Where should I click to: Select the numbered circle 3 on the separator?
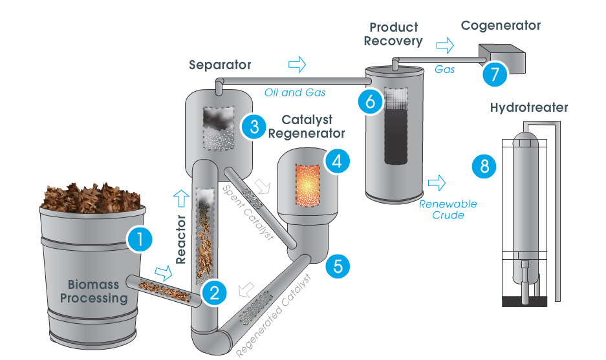coord(252,126)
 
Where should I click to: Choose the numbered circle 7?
coord(494,74)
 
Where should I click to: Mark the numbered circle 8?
coord(484,166)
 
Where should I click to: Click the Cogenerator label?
coord(501,26)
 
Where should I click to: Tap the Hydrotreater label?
coord(528,108)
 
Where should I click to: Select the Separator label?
coord(220,65)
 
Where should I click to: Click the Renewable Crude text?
coord(448,209)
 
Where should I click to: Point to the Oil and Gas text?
coord(294,92)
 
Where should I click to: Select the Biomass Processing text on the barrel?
coord(98,292)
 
